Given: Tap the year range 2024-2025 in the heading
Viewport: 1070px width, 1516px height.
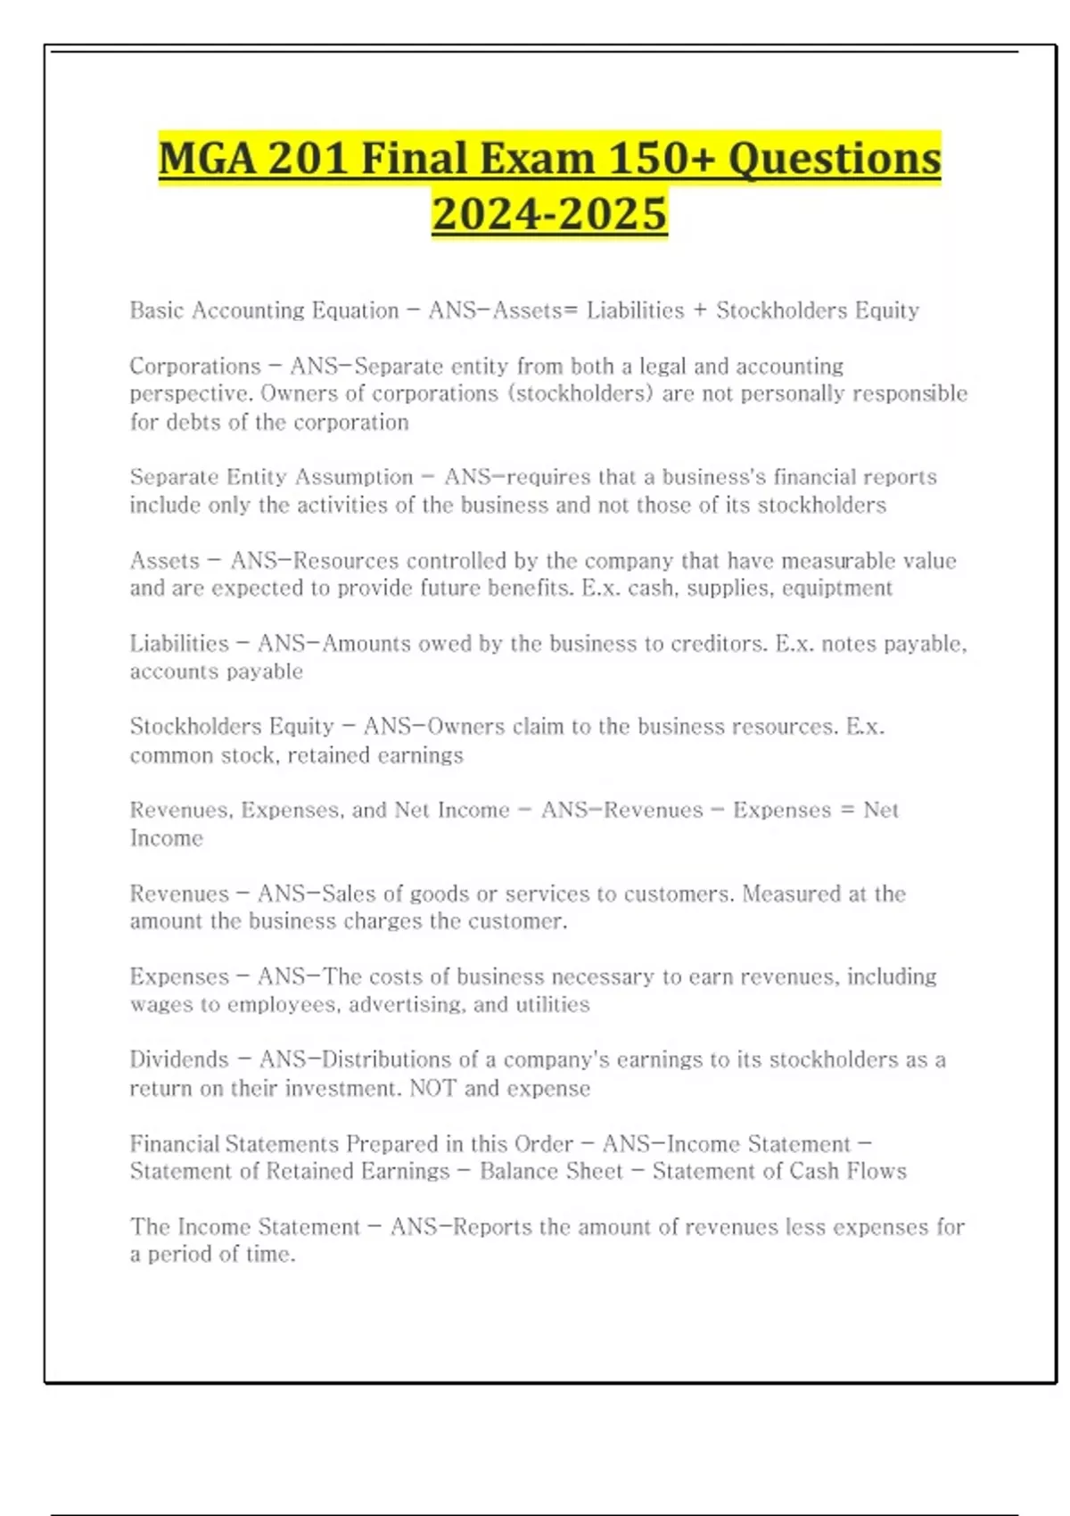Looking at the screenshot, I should click(549, 214).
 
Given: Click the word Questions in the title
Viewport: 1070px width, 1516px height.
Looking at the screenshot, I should click(834, 160).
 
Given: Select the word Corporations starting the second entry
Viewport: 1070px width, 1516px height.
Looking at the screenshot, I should click(195, 367).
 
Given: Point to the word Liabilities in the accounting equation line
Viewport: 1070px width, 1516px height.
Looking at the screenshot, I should click(635, 310).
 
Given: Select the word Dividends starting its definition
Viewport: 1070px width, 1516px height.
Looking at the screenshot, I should click(179, 1059).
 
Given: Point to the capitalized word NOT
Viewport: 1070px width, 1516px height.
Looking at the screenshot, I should click(432, 1088).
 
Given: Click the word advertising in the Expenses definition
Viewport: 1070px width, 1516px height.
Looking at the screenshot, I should click(407, 1005).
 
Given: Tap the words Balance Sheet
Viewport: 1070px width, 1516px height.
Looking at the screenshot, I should click(551, 1171).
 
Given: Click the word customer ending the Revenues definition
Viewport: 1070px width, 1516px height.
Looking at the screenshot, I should click(523, 921).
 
